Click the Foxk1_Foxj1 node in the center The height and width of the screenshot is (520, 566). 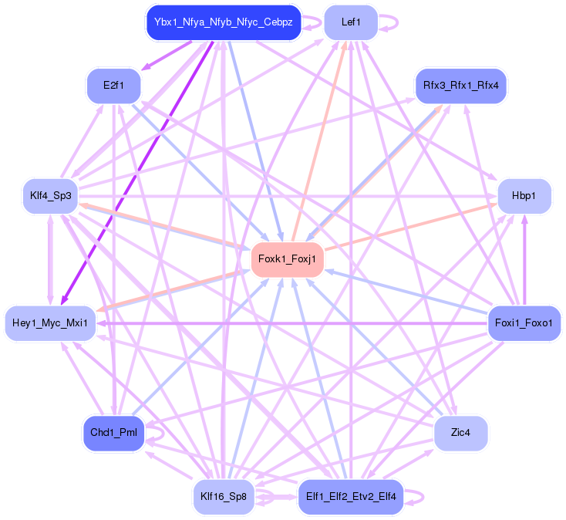pyautogui.click(x=287, y=259)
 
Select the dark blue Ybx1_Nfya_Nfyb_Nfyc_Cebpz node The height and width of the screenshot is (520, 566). pyautogui.click(x=223, y=22)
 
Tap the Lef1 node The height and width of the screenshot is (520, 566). pyautogui.click(x=351, y=22)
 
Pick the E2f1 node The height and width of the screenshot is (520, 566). pyautogui.click(x=113, y=85)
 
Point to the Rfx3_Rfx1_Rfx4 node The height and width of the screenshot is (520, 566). pyautogui.click(x=461, y=85)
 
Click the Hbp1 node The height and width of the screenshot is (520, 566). pyautogui.click(x=524, y=196)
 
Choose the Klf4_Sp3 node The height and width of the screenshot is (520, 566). pyautogui.click(x=51, y=196)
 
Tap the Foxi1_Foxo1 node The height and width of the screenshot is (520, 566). pyautogui.click(x=524, y=322)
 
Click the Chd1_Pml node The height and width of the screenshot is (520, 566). pyautogui.click(x=113, y=433)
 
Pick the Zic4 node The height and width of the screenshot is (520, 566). pyautogui.click(x=461, y=433)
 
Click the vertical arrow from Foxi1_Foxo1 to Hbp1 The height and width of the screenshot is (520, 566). pyautogui.click(x=524, y=262)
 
